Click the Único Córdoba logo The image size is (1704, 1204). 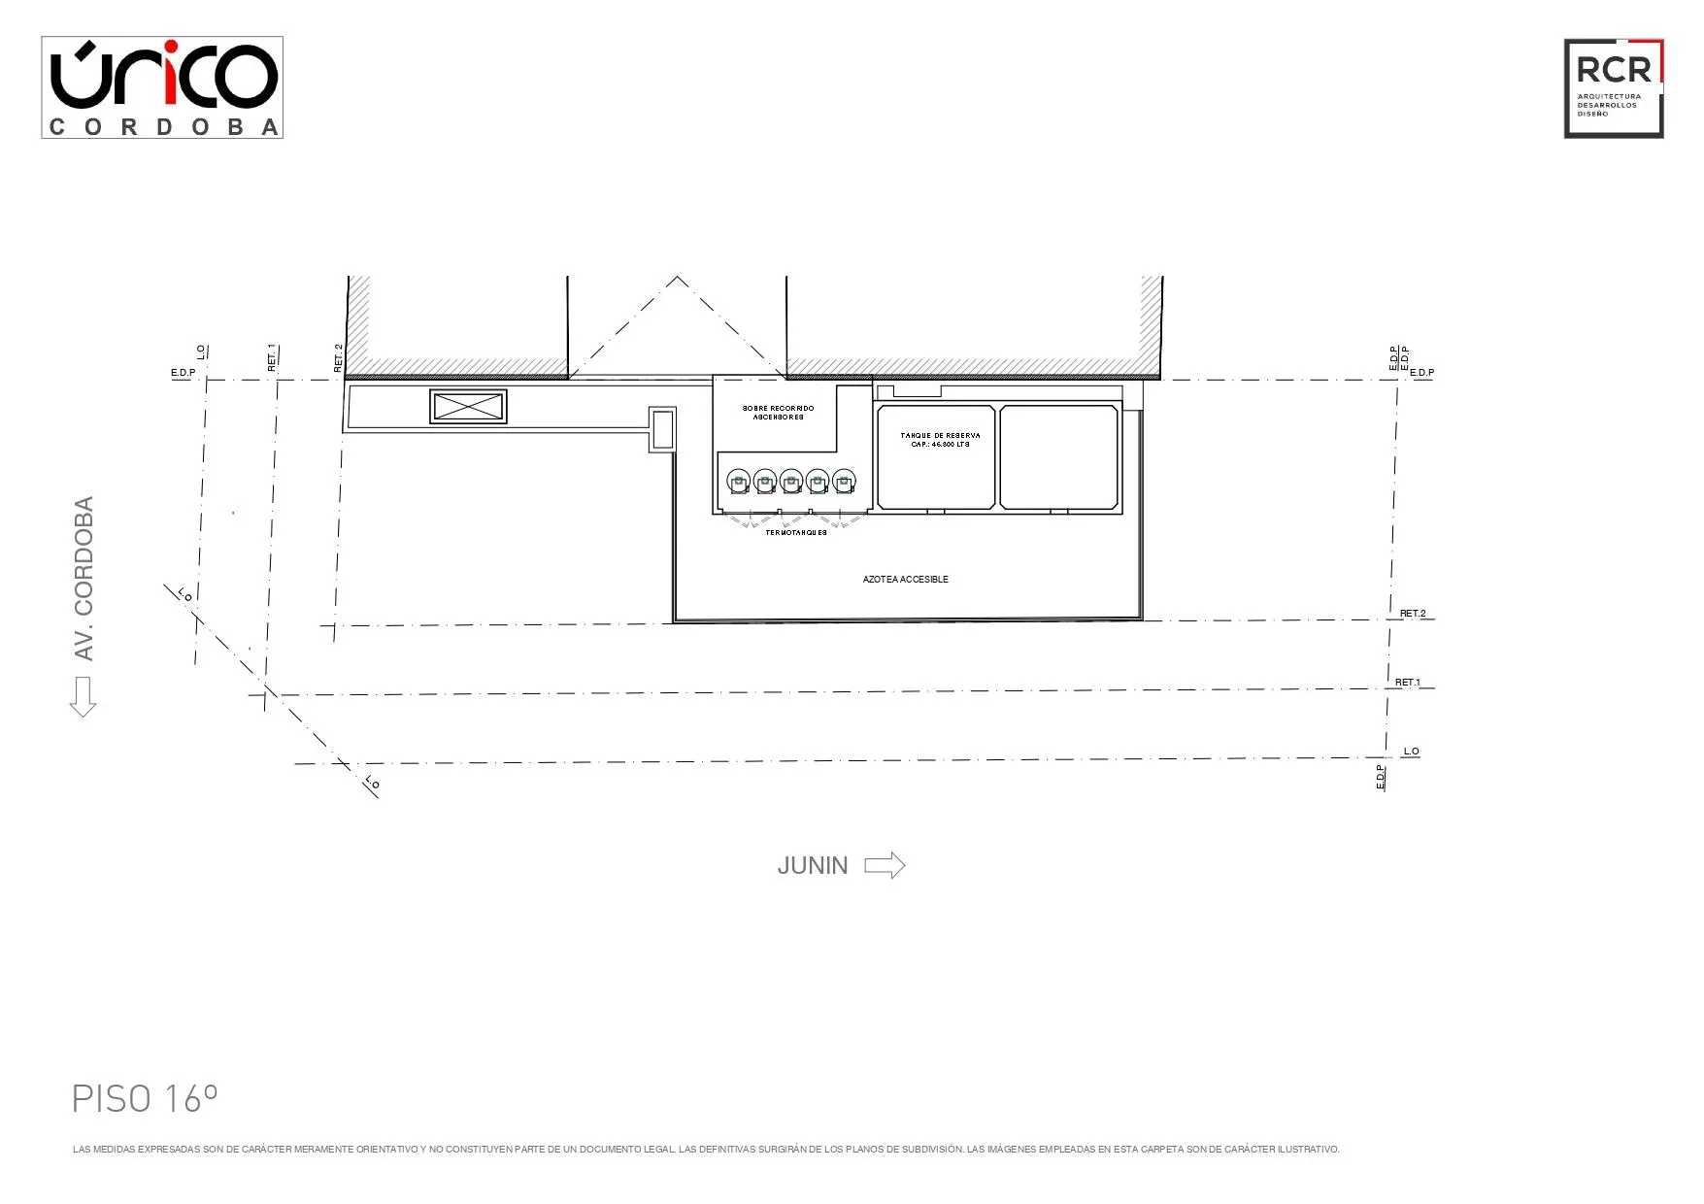(162, 87)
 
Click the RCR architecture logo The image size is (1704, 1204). (1613, 88)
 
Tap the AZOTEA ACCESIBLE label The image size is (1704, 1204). (905, 580)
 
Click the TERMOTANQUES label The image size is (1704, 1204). (796, 533)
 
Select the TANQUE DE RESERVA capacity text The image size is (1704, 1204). (939, 440)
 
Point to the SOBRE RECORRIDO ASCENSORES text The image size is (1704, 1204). (778, 413)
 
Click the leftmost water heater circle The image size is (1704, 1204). (739, 481)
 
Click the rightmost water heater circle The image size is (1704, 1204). (844, 481)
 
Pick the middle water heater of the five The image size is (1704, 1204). (791, 481)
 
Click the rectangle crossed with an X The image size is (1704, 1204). (468, 407)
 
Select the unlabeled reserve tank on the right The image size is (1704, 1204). (1058, 456)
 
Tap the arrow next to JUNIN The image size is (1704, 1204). (885, 865)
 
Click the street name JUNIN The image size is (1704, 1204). (812, 866)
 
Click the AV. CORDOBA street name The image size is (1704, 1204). (84, 579)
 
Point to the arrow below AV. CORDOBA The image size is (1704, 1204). (83, 696)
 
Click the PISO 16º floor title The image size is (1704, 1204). (145, 1099)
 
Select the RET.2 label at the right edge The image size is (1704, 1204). (1413, 614)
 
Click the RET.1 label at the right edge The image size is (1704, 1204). (1407, 683)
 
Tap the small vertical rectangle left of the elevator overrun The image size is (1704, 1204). (662, 429)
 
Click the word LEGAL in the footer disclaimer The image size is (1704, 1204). (660, 1150)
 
